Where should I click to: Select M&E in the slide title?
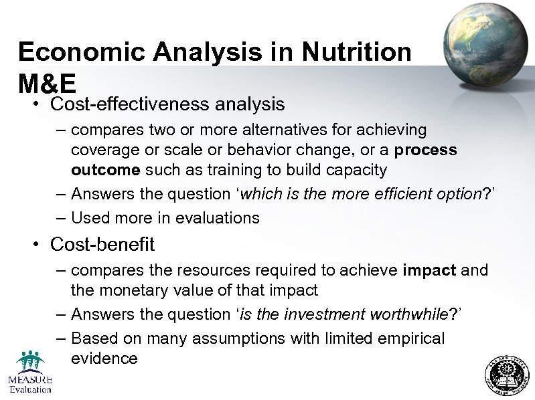click(x=48, y=84)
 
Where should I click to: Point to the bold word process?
click(x=426, y=149)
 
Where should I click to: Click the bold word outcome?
click(x=105, y=170)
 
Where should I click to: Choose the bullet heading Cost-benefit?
click(x=102, y=245)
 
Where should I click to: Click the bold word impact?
click(x=429, y=270)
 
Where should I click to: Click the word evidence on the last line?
click(x=104, y=359)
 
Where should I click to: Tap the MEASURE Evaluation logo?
click(x=29, y=372)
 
